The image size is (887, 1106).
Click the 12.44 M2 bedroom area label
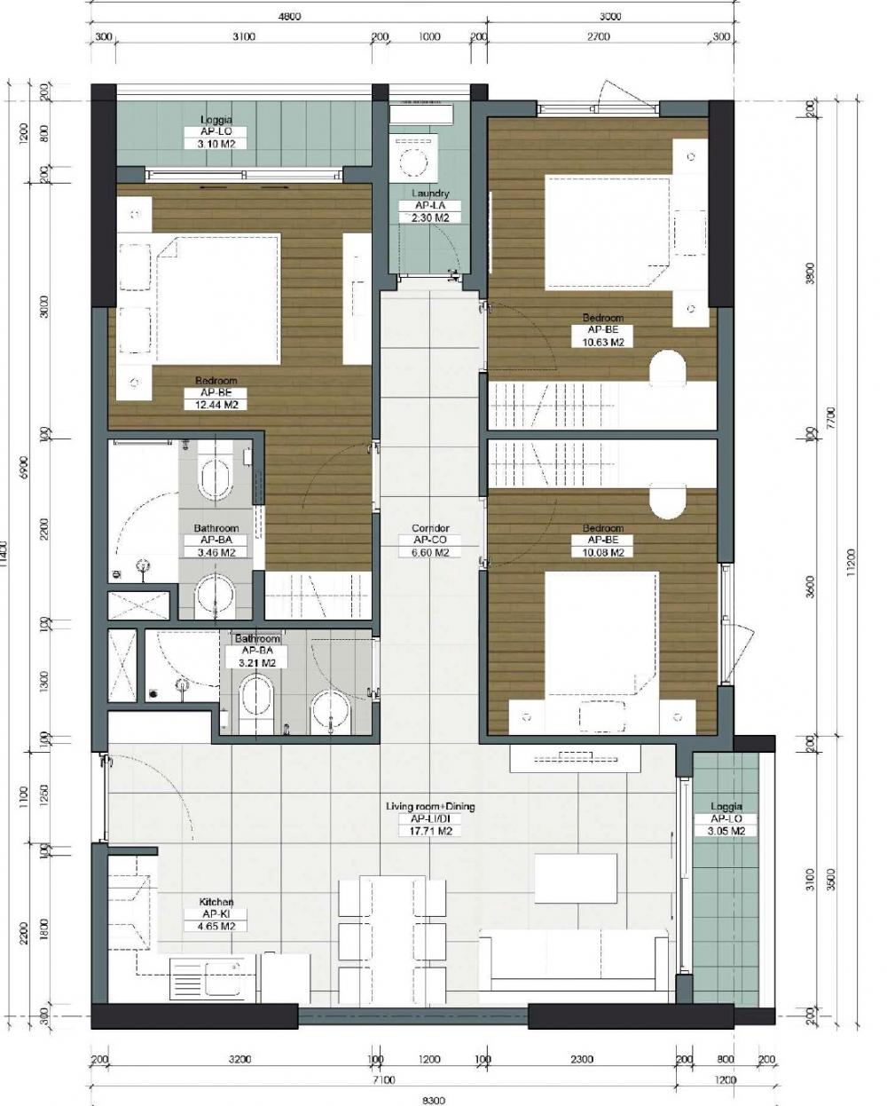(216, 405)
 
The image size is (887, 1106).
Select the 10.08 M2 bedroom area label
(602, 552)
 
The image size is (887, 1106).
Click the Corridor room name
(430, 528)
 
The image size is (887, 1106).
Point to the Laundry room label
(430, 194)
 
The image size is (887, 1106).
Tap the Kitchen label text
(217, 902)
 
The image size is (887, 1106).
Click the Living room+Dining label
(430, 807)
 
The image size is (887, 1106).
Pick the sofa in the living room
(574, 963)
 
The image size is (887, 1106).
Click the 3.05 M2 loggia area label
(726, 832)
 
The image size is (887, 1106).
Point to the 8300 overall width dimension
(434, 1100)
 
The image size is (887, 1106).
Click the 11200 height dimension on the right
(852, 559)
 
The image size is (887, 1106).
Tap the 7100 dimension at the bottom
(384, 1080)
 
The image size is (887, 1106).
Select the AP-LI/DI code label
(430, 819)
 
